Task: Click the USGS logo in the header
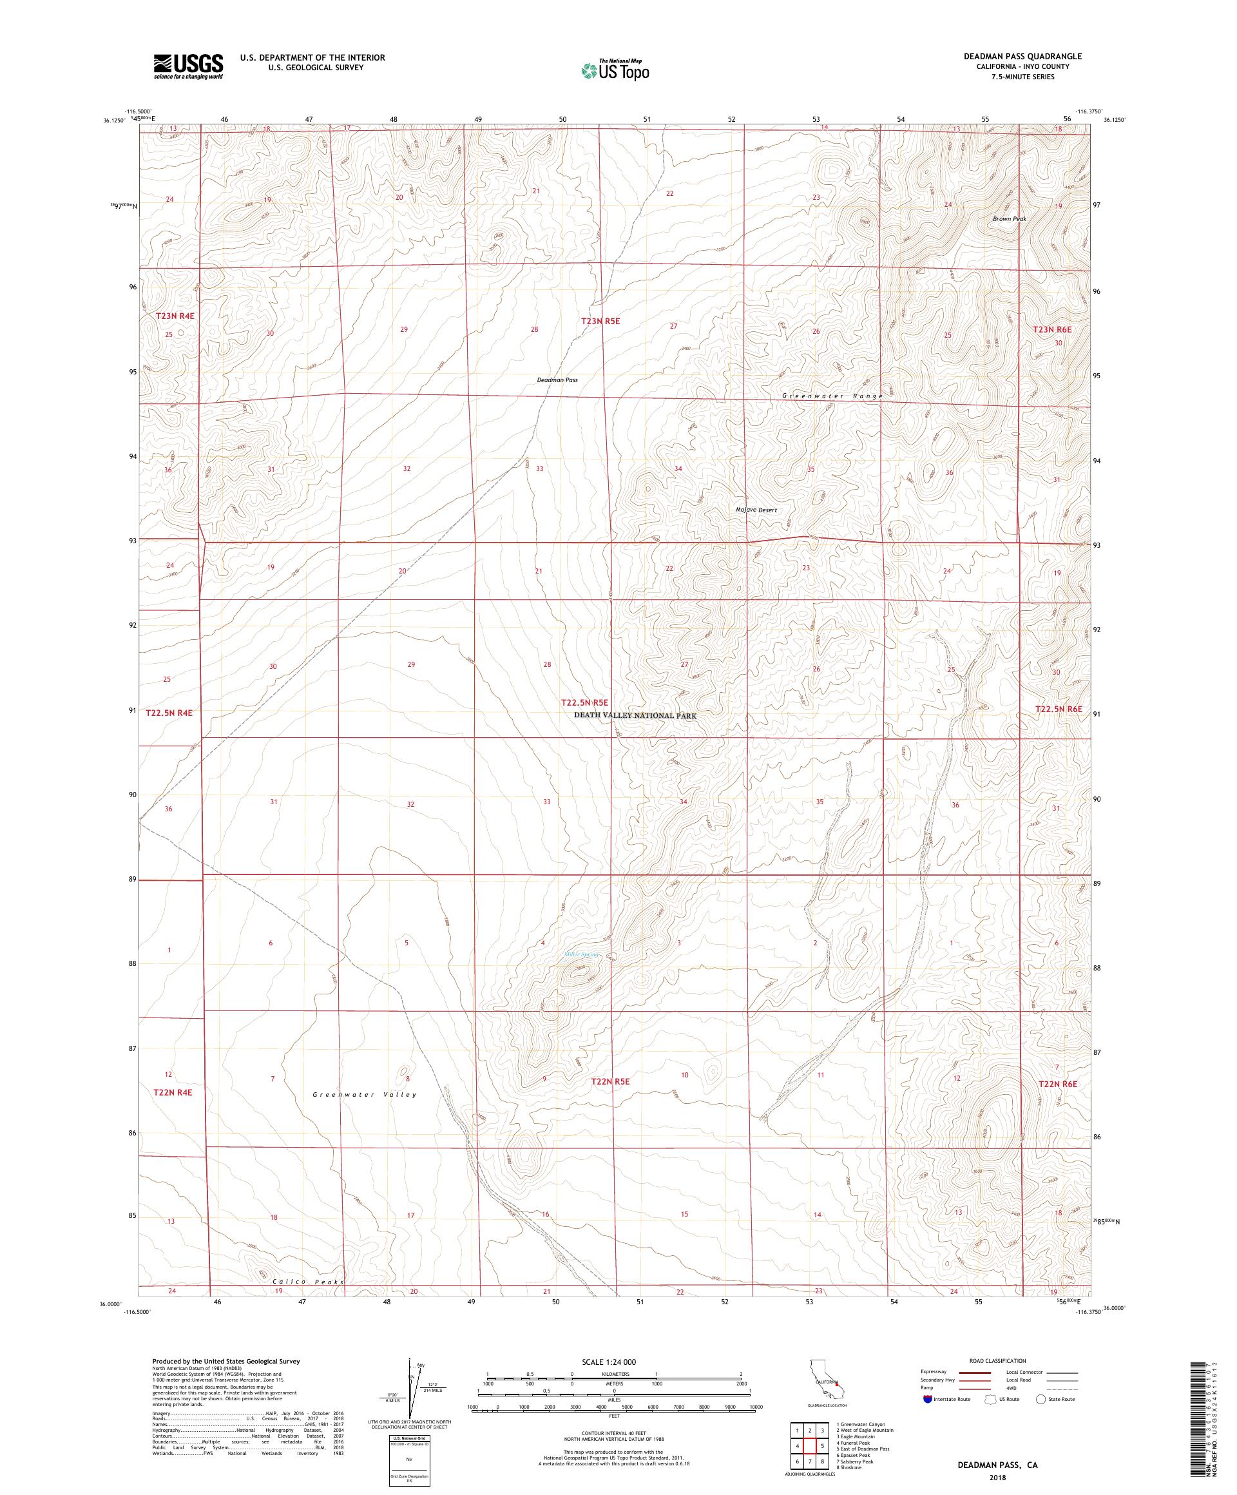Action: (188, 67)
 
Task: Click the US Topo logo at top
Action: (616, 69)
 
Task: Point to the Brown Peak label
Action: (1009, 219)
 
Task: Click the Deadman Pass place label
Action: (557, 380)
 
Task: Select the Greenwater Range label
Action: (832, 396)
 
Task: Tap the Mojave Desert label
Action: (756, 510)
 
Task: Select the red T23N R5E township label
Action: (600, 321)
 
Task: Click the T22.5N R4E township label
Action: (169, 712)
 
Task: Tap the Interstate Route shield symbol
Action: (927, 1399)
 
